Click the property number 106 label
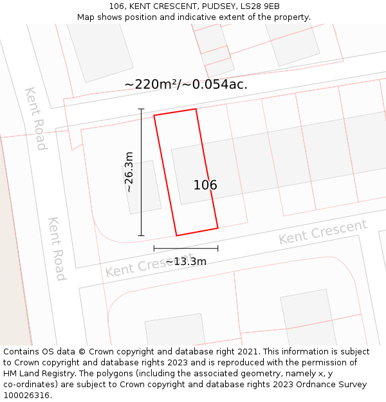[205, 185]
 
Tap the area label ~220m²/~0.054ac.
[186, 84]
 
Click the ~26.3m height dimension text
[129, 172]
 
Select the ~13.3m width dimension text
[186, 261]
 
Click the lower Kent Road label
[57, 248]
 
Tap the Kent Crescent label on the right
[322, 232]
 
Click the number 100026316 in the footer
[26, 396]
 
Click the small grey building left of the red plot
[142, 187]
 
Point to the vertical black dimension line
[142, 172]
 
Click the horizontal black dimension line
[185, 248]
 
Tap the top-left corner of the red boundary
[154, 116]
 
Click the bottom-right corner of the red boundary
[217, 228]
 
